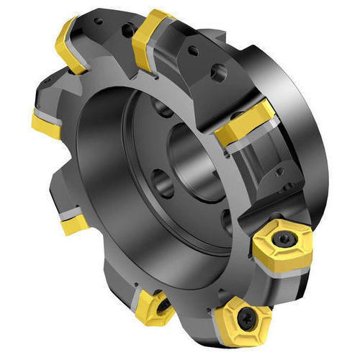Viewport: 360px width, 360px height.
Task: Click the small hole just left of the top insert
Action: [127, 30]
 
